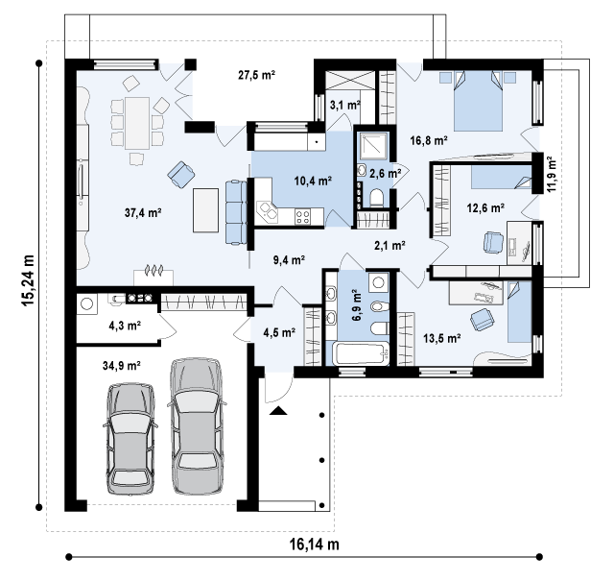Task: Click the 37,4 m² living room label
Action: [143, 213]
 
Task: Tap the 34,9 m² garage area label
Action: [122, 365]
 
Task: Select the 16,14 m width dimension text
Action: [315, 544]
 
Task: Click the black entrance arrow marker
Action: [278, 410]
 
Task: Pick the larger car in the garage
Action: [196, 425]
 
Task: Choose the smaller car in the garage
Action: [130, 438]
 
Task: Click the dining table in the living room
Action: [137, 123]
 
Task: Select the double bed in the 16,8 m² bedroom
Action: [478, 101]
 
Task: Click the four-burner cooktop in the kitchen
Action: [303, 216]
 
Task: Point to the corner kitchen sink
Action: [267, 211]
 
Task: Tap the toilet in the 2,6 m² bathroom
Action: [377, 197]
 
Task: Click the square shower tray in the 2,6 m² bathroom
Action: [373, 146]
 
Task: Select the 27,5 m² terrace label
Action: [256, 75]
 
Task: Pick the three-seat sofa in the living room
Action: [236, 212]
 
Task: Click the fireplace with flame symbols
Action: [153, 276]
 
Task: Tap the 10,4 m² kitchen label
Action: [313, 181]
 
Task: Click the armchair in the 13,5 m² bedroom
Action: [482, 319]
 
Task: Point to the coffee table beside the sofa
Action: [205, 210]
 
